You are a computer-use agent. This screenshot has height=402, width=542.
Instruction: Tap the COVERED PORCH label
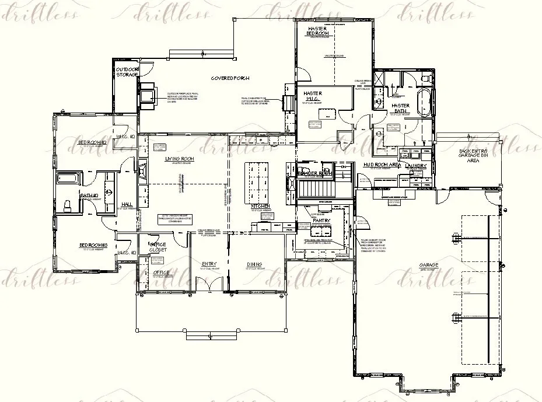pos(230,78)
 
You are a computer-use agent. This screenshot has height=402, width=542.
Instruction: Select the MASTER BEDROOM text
pos(318,32)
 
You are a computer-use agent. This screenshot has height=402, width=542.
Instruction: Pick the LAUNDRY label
pos(416,166)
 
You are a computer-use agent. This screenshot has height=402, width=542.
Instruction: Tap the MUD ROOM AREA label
pos(382,166)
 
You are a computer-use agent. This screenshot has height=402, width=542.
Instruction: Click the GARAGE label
pos(429,265)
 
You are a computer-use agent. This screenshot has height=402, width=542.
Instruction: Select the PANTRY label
pos(321,221)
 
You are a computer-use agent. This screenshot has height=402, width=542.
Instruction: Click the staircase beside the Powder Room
pos(315,188)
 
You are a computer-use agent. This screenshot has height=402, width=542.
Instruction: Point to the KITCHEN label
pos(260,206)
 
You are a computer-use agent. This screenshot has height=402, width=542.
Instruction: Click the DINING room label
pos(254,264)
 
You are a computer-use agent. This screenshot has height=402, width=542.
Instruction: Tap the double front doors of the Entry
pos(209,284)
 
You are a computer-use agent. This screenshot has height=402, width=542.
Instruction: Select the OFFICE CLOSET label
pos(158,247)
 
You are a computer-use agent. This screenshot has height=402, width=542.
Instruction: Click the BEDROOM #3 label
pos(94,245)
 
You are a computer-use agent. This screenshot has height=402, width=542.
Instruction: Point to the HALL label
pos(126,204)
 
